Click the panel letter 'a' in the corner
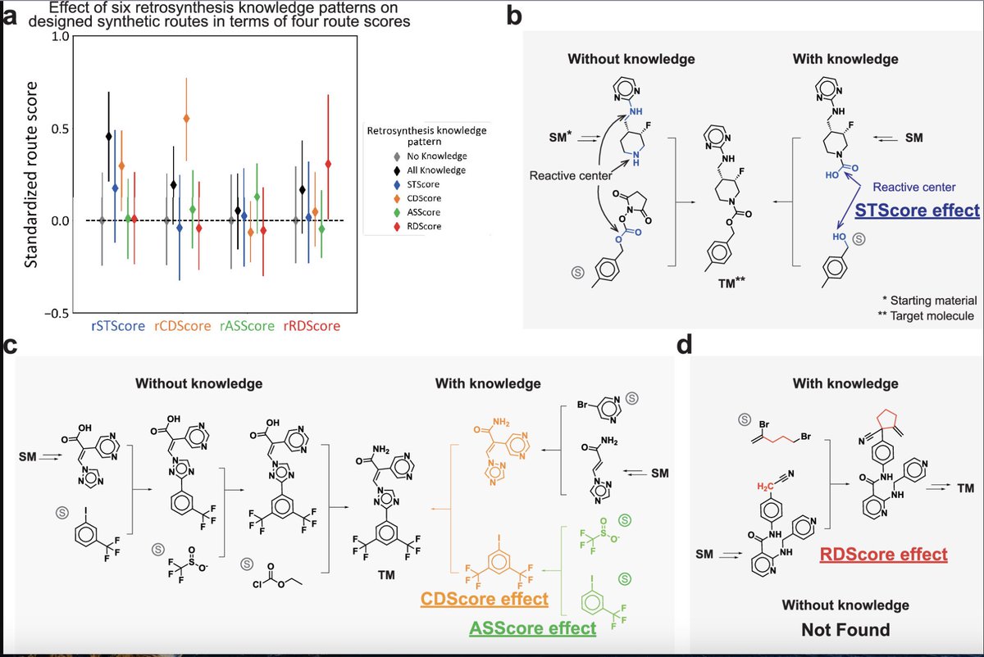point(11,16)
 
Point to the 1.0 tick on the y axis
point(54,38)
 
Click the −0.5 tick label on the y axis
point(51,312)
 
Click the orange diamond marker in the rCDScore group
point(186,119)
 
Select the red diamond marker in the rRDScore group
point(329,164)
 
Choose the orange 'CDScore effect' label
point(484,600)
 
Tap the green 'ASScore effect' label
point(532,629)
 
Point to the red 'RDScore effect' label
point(884,555)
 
